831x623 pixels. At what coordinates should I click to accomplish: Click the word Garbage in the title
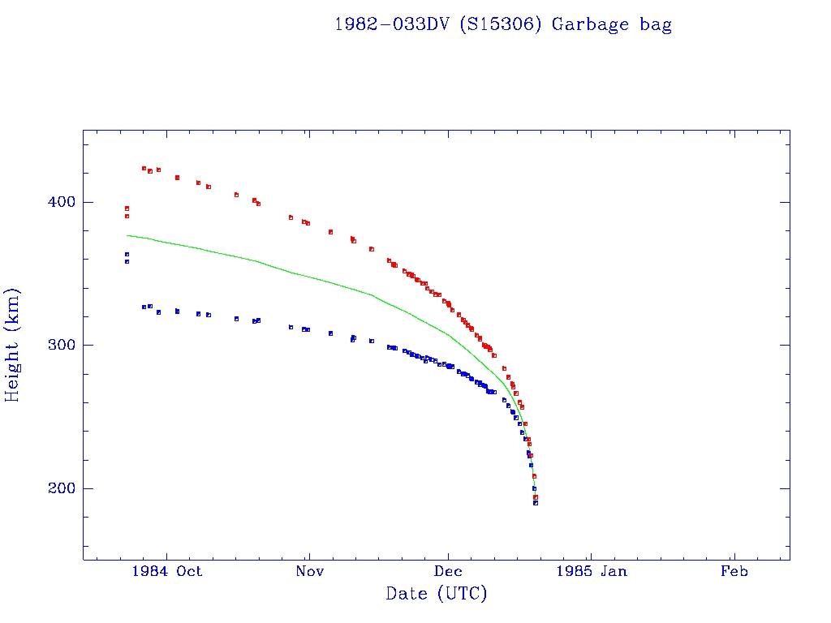[x=589, y=24]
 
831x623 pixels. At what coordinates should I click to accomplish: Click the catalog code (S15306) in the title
[x=502, y=24]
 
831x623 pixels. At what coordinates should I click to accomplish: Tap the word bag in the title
[x=655, y=24]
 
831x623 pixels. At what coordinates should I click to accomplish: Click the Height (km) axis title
[x=13, y=345]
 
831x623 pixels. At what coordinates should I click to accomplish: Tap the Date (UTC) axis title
[x=437, y=594]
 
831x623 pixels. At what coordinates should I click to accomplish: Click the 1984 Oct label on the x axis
[x=166, y=572]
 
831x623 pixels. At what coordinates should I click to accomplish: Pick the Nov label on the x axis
[x=309, y=572]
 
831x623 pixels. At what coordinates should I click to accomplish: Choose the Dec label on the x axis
[x=449, y=572]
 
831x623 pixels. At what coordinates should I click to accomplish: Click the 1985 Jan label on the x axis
[x=592, y=572]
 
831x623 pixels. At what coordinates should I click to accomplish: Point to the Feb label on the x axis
[x=734, y=572]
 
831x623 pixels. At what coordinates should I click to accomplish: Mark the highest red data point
[x=144, y=168]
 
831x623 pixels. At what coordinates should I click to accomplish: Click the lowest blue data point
[x=536, y=503]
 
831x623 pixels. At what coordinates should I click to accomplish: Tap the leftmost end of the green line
[x=127, y=235]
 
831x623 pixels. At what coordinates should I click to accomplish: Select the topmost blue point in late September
[x=127, y=254]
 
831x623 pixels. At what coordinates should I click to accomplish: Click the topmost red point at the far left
[x=127, y=208]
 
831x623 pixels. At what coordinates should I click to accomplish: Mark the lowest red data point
[x=536, y=496]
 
